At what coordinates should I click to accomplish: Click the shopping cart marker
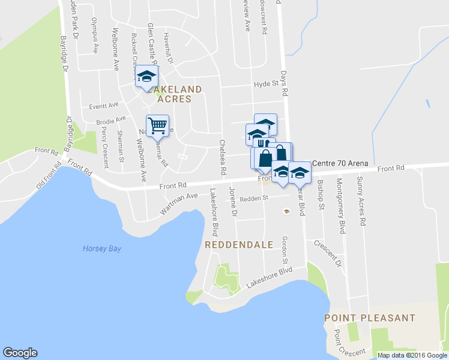click(157, 125)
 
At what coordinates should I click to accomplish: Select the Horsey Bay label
click(102, 248)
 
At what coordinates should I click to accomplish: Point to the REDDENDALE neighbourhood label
click(239, 245)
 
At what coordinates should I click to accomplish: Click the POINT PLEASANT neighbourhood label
click(370, 317)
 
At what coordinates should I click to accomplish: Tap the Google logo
click(20, 353)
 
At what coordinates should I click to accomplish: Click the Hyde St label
click(267, 85)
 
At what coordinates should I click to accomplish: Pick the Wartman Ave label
click(178, 204)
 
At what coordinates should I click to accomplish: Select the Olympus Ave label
click(94, 35)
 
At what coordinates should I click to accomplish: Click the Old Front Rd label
click(49, 173)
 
